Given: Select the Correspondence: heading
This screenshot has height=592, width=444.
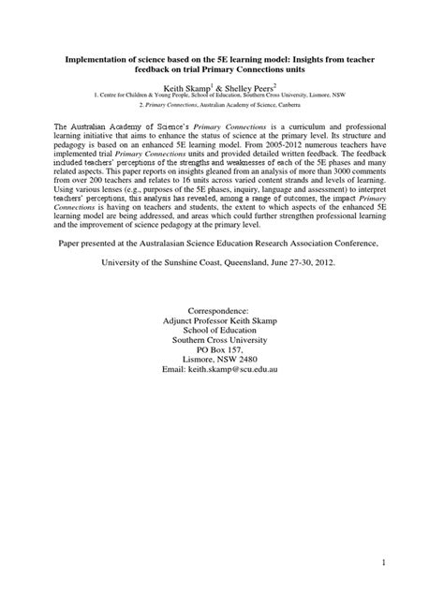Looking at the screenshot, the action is click(x=221, y=334).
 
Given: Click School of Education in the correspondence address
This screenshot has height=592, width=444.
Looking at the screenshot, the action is click(x=221, y=357).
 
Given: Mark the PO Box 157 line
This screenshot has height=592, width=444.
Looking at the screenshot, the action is click(x=221, y=378).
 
